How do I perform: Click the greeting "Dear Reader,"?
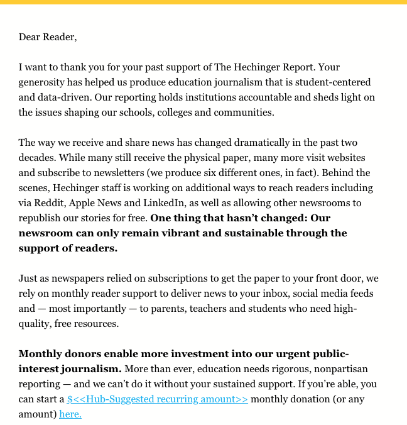48,36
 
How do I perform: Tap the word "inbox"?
258,293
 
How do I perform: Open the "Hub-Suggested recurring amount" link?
158,399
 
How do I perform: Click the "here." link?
70,414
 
